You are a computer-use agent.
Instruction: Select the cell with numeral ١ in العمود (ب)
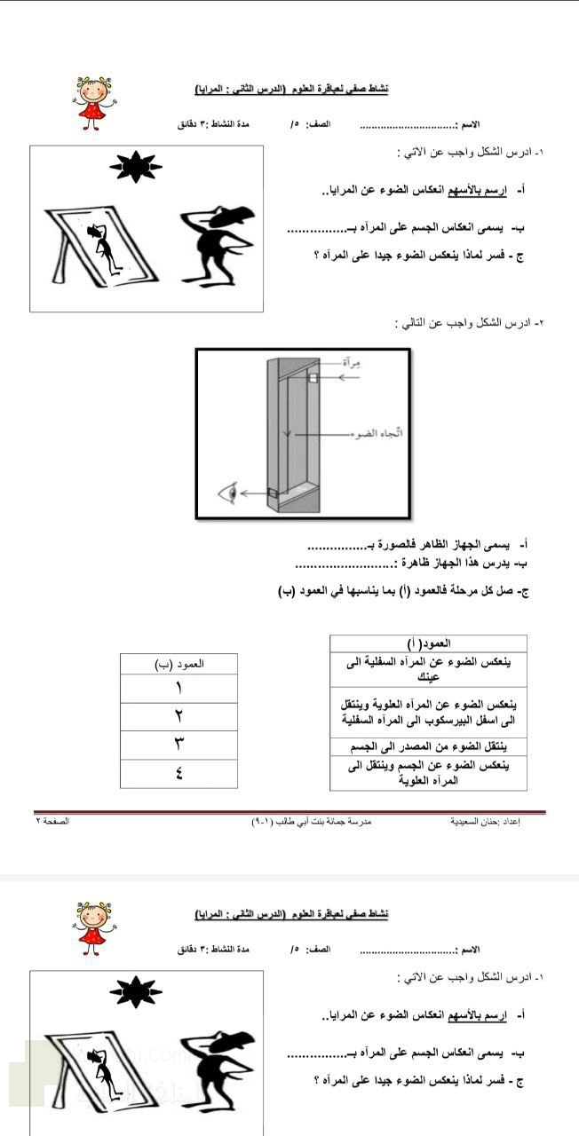[178, 688]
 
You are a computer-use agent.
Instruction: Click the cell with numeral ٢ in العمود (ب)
[178, 716]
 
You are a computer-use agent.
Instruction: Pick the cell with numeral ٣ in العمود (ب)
[178, 745]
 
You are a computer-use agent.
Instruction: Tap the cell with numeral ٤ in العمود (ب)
[178, 773]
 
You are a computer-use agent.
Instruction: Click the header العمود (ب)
[178, 663]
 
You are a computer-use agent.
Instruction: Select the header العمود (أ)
[428, 643]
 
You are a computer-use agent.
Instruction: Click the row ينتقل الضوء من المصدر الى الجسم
[428, 745]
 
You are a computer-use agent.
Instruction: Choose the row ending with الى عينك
[428, 668]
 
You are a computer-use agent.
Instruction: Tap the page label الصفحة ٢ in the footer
[52, 822]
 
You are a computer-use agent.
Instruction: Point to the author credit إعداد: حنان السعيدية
[485, 822]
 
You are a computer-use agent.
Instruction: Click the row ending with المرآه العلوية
[428, 772]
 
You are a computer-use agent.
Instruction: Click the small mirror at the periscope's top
[313, 378]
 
